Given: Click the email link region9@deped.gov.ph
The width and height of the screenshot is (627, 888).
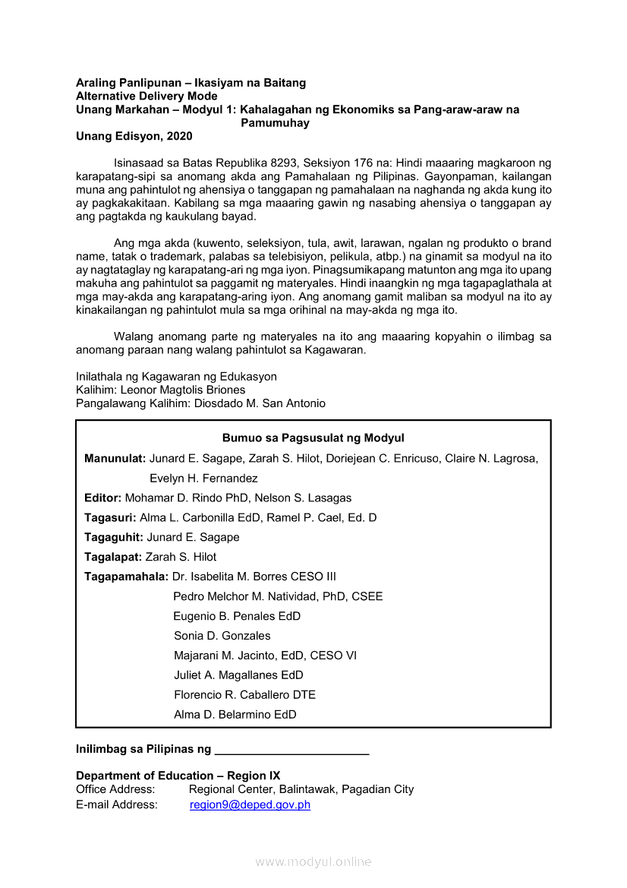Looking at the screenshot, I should pos(250,805).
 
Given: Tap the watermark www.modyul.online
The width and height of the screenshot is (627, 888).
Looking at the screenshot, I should pos(313,861).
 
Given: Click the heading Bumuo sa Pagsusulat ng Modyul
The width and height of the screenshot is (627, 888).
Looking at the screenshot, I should pos(313,438).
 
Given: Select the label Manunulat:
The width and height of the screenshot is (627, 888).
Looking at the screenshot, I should pos(115,459).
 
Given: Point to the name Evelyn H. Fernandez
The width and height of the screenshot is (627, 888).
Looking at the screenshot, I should pos(203,479).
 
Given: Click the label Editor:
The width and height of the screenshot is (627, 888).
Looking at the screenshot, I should pos(102,498).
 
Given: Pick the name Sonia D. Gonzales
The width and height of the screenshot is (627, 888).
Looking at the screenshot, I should pos(222,636).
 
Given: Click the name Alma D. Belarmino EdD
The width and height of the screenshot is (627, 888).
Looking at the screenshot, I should pos(235,715).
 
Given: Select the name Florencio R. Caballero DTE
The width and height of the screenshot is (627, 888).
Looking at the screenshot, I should pos(244,695).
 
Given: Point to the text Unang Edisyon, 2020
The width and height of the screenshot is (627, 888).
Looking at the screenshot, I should pos(134,137).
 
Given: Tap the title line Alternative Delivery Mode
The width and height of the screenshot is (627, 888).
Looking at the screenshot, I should pos(147,96).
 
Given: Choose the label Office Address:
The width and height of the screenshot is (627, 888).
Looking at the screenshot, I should pos(115,790).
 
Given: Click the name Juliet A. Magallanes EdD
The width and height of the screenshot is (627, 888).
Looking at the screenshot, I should pos(238,675).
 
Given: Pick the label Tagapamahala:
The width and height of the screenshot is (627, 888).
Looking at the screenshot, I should pos(126,577).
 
